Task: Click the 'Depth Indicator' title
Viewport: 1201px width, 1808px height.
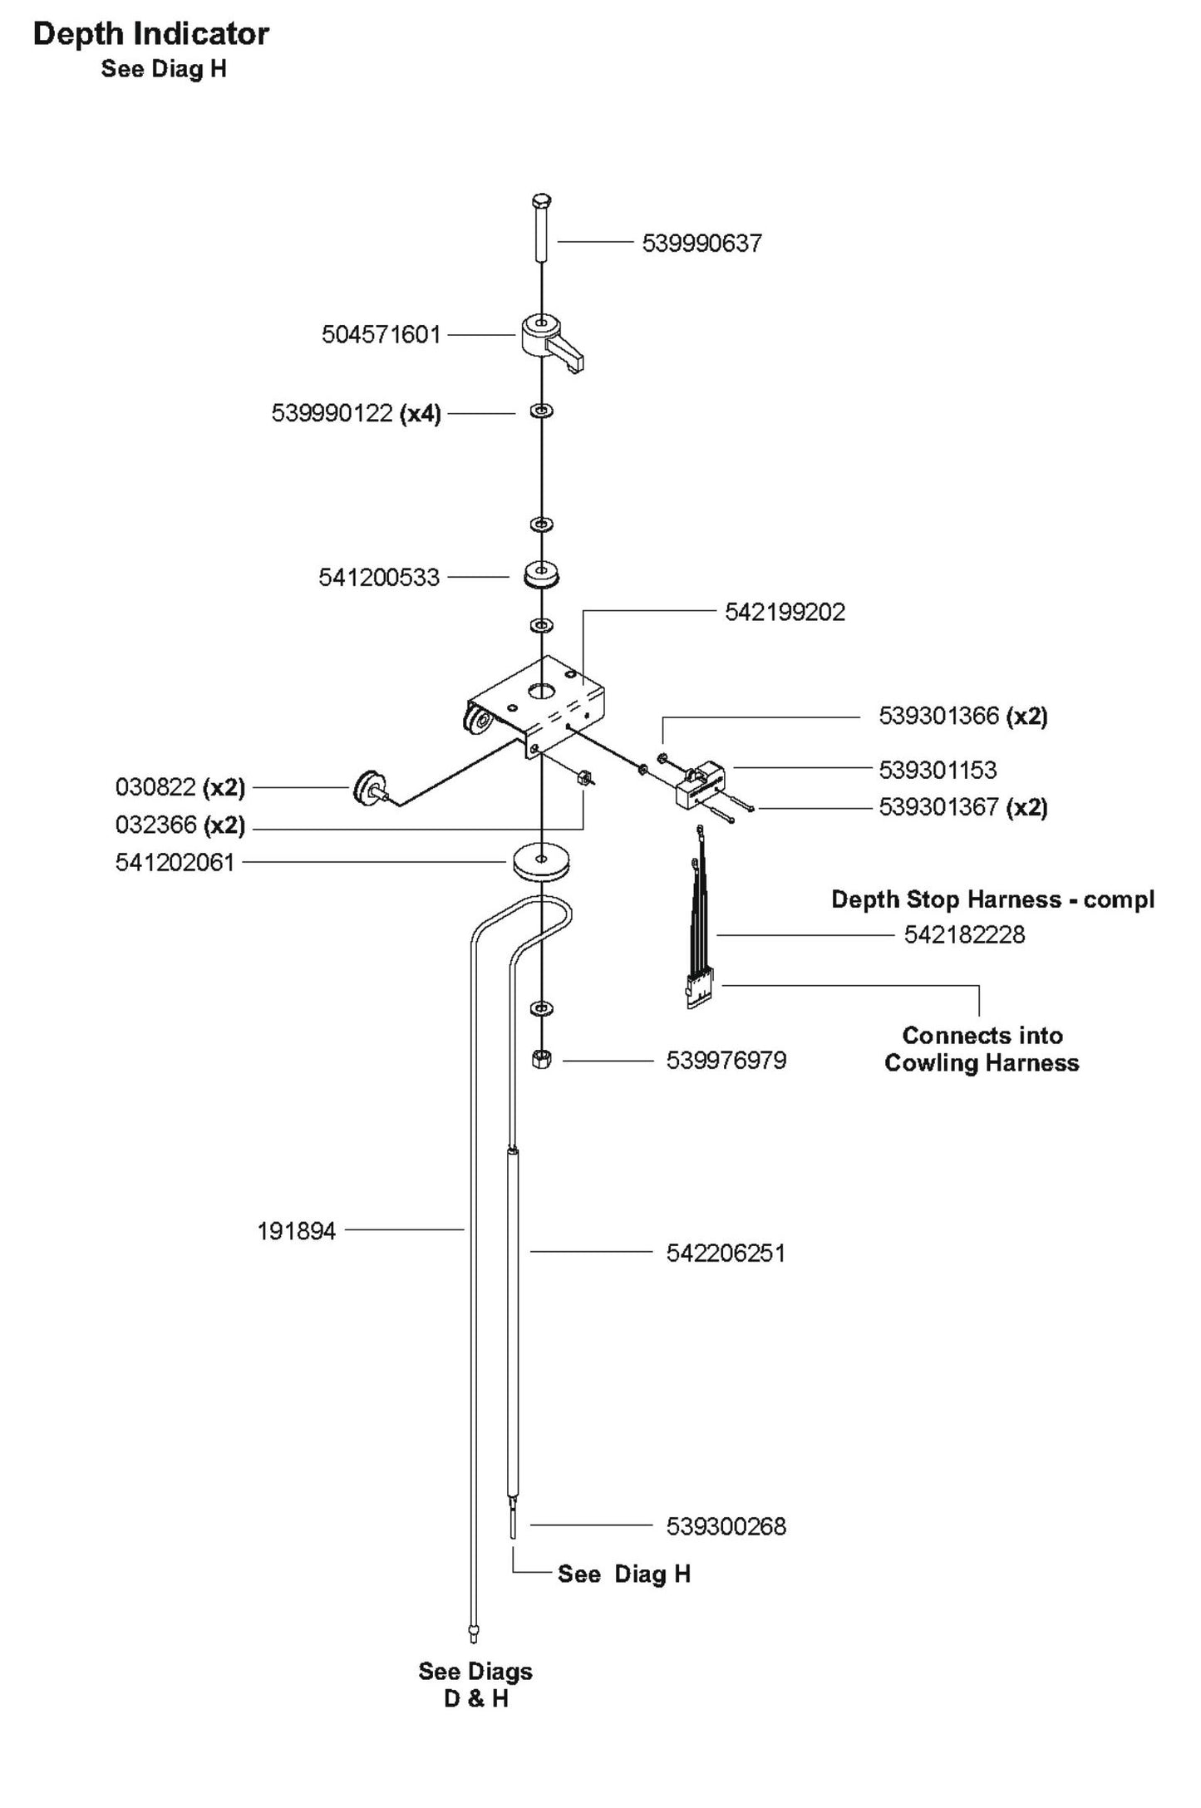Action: pyautogui.click(x=150, y=34)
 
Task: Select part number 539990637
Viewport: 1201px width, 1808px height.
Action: pyautogui.click(x=701, y=244)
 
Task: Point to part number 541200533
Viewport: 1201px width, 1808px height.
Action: pyautogui.click(x=379, y=578)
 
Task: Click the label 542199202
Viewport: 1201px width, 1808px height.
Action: pyautogui.click(x=785, y=613)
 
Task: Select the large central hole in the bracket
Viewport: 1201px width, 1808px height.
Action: pyautogui.click(x=541, y=689)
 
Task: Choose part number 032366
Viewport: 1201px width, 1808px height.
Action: pyautogui.click(x=156, y=825)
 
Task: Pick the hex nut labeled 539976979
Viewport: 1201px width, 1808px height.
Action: pyautogui.click(x=541, y=1060)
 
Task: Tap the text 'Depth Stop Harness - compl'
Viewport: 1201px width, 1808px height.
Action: pyautogui.click(x=993, y=899)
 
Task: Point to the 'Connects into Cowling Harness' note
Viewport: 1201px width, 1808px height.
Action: pyautogui.click(x=982, y=1049)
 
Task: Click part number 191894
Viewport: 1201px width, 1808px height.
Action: pyautogui.click(x=297, y=1231)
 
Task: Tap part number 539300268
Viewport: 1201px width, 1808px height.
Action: pyautogui.click(x=726, y=1526)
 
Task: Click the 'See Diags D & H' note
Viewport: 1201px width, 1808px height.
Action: pyautogui.click(x=475, y=1685)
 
